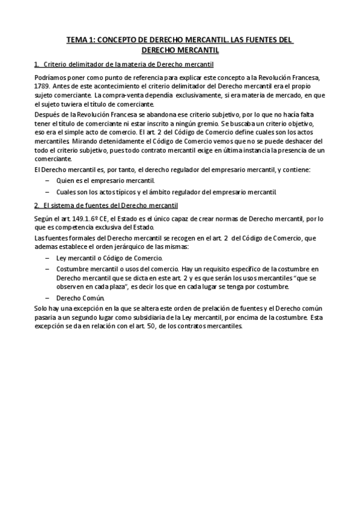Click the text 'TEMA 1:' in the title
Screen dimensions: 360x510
pos(81,41)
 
